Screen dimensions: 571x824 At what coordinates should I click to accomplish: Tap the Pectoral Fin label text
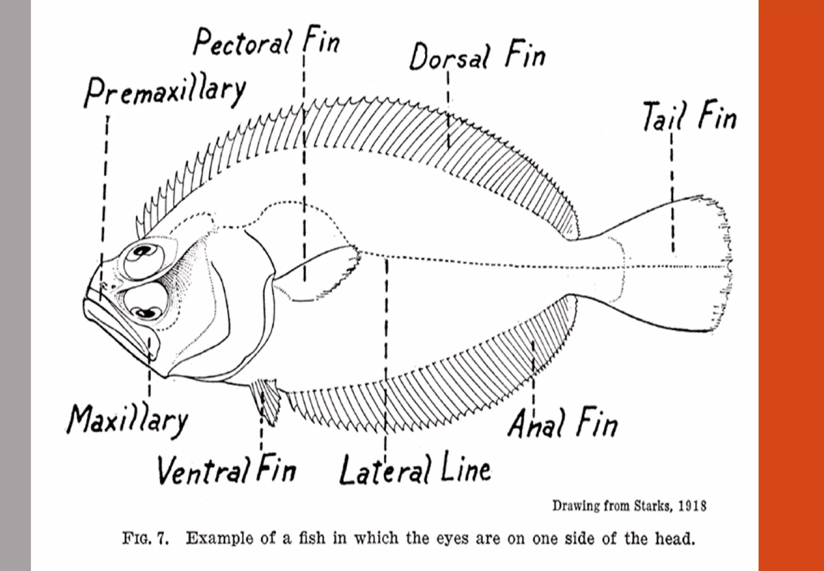click(x=266, y=42)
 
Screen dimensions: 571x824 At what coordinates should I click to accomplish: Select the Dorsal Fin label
click(x=477, y=57)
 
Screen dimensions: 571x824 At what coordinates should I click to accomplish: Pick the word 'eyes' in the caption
click(x=452, y=539)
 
